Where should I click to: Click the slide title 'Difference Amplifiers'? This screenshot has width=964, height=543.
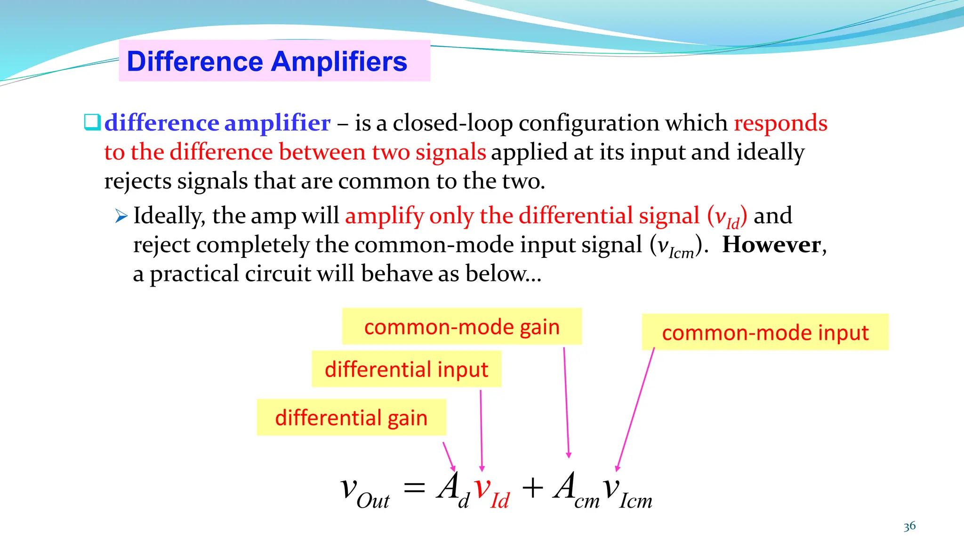click(x=267, y=61)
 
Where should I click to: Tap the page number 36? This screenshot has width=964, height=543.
click(x=909, y=526)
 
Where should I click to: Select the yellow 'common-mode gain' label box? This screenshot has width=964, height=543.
click(x=462, y=327)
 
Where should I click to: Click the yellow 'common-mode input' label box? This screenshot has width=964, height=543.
click(x=765, y=332)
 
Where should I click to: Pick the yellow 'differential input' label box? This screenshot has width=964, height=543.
click(x=406, y=369)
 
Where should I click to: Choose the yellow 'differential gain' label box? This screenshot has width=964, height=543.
click(x=351, y=418)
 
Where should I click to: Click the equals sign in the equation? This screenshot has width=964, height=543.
click(x=414, y=488)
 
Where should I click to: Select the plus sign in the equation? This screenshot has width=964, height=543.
click(x=532, y=488)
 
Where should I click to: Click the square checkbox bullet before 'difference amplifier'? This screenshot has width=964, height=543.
click(x=92, y=122)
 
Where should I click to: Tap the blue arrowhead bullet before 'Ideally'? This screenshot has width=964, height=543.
click(x=121, y=216)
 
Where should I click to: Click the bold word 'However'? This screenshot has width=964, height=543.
click(x=771, y=245)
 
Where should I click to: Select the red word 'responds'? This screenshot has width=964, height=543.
click(x=780, y=123)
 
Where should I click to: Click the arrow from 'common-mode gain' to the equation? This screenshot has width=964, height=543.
click(x=566, y=401)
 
